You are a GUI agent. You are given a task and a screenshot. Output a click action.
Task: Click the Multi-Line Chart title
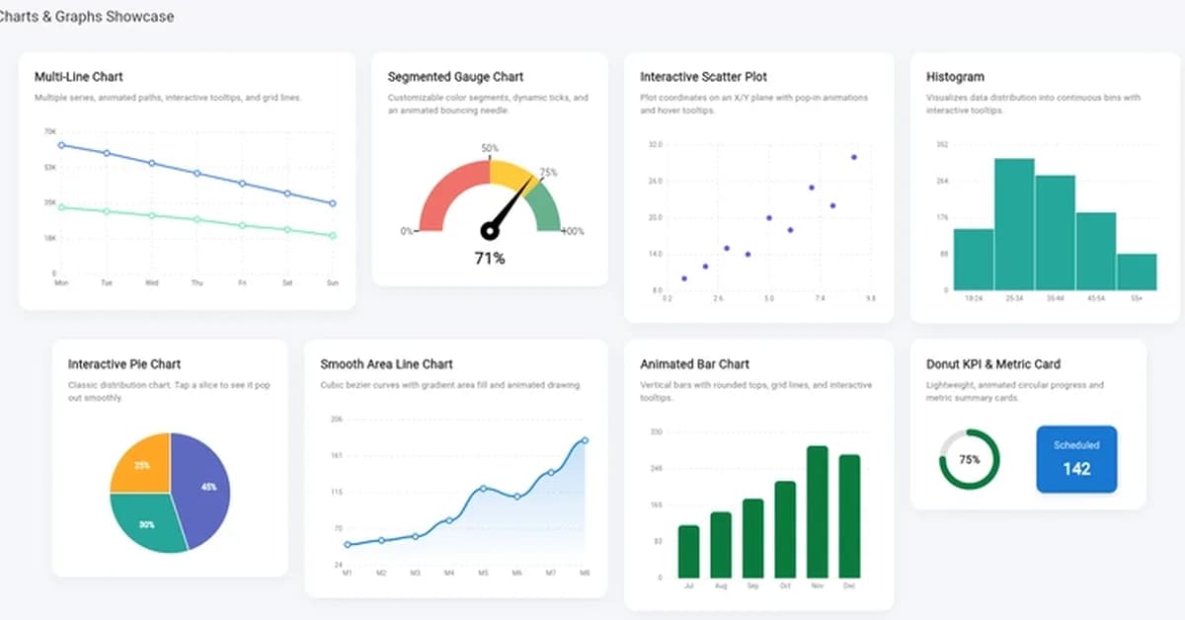click(79, 77)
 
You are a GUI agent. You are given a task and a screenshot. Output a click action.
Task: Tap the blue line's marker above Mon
click(61, 145)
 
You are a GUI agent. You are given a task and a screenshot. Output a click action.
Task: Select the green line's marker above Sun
click(333, 236)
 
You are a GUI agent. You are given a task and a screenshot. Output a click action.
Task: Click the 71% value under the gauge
click(490, 259)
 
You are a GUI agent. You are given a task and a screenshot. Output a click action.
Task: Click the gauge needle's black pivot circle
click(488, 231)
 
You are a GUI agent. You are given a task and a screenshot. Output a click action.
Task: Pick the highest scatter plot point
click(853, 157)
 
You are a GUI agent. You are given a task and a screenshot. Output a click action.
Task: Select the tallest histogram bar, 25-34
click(1014, 224)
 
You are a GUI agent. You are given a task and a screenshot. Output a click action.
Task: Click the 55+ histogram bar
click(1137, 271)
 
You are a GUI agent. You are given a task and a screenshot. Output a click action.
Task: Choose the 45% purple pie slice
click(203, 487)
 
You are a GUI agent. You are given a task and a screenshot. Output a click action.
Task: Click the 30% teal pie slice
click(148, 523)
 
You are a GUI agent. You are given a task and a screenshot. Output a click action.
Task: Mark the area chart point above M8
click(585, 440)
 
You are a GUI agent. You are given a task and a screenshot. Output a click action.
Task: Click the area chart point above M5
click(483, 488)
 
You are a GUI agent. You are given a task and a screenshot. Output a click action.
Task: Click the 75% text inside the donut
click(969, 459)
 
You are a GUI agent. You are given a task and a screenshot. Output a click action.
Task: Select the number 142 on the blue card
click(1076, 469)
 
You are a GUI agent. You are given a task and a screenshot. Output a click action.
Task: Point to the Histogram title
click(955, 77)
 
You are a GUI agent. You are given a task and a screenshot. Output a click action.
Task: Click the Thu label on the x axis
click(197, 283)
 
